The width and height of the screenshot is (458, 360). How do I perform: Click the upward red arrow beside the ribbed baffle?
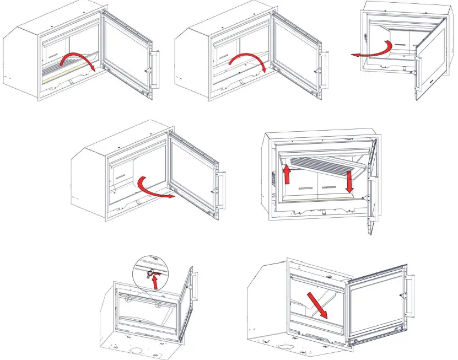(287, 175)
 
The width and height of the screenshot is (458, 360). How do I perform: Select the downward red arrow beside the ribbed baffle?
(349, 182)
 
